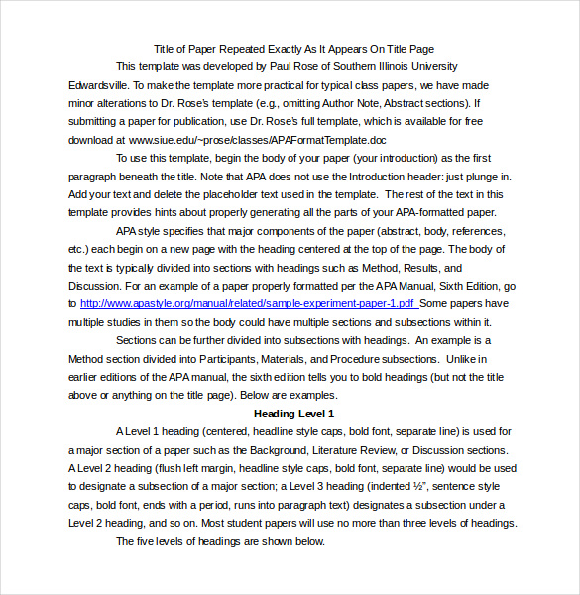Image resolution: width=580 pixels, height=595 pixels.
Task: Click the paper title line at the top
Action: pos(294,48)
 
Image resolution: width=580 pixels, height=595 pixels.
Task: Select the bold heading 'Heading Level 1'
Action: pos(294,414)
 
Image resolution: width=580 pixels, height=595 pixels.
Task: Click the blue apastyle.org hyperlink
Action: pos(249,304)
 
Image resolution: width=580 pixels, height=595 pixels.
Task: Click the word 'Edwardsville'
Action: pos(97,84)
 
